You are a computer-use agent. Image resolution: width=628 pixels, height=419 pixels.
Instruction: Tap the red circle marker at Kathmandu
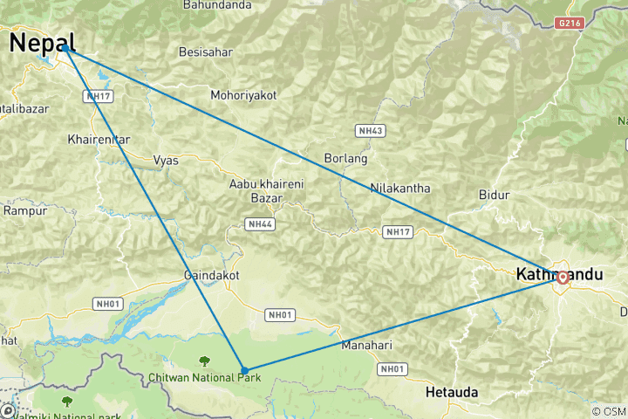pyautogui.click(x=563, y=278)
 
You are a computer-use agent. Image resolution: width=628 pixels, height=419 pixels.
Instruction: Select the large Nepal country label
pyautogui.click(x=42, y=42)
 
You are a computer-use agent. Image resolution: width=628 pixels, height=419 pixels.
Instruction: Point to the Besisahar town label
pyautogui.click(x=205, y=52)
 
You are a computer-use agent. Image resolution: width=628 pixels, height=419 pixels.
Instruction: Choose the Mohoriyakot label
pyautogui.click(x=243, y=94)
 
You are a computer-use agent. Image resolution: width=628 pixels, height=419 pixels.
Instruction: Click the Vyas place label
pyautogui.click(x=166, y=160)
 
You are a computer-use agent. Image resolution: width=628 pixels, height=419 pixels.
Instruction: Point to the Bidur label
pyautogui.click(x=494, y=195)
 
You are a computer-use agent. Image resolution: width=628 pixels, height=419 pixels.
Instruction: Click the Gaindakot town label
pyautogui.click(x=211, y=275)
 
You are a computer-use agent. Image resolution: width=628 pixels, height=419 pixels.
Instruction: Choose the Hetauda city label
pyautogui.click(x=452, y=393)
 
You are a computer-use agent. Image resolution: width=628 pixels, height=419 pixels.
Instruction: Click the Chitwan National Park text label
pyautogui.click(x=204, y=376)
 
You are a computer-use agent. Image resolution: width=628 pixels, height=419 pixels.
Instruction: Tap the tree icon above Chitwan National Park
pyautogui.click(x=204, y=360)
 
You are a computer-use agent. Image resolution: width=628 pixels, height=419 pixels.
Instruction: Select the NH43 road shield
pyautogui.click(x=371, y=130)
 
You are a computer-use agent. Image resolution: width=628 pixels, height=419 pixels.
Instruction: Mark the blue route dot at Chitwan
pyautogui.click(x=244, y=370)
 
